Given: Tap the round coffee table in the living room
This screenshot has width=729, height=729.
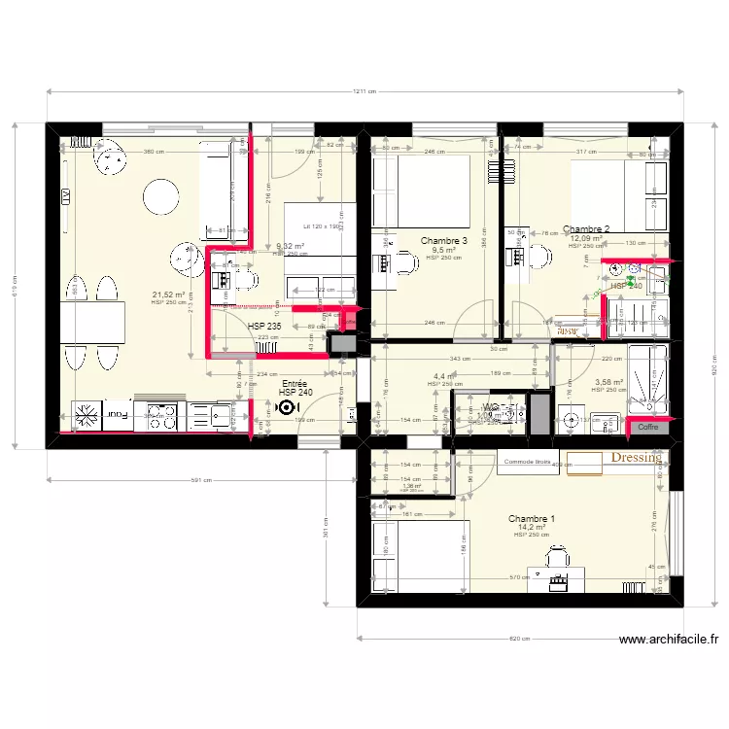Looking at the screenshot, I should click(x=159, y=199).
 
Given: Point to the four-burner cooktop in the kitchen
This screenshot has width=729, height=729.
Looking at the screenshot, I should click(x=160, y=416).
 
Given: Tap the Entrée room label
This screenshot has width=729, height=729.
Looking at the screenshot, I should click(x=294, y=385).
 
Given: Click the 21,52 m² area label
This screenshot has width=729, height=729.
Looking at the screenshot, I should click(x=168, y=295).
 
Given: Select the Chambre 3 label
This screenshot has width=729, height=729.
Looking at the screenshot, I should click(x=444, y=240).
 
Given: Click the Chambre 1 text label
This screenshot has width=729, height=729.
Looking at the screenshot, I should click(x=531, y=519).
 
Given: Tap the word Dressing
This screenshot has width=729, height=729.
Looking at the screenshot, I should click(x=636, y=457).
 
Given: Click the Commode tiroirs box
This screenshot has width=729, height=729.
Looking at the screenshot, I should click(x=528, y=463).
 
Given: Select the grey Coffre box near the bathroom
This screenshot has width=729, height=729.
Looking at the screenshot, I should click(x=648, y=426).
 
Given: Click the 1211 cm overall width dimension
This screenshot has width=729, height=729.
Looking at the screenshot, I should click(x=364, y=92).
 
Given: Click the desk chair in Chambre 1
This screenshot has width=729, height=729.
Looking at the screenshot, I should click(x=557, y=558).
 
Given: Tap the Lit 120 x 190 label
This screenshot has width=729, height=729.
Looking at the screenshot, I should click(x=320, y=226).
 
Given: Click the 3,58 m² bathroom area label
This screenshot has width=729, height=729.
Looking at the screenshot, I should click(x=609, y=382).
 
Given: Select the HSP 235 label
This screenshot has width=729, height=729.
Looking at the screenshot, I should click(x=264, y=327).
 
